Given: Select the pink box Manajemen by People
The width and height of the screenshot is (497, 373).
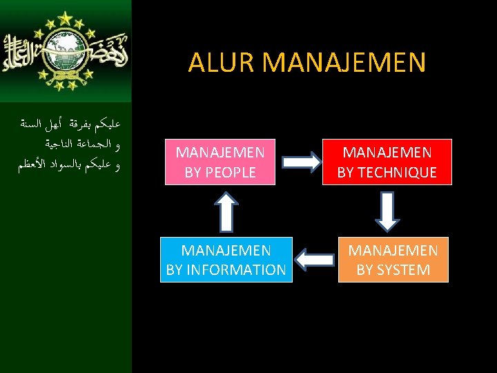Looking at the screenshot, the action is [220, 162].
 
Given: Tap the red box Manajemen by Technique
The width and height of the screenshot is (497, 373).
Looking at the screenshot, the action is [387, 162].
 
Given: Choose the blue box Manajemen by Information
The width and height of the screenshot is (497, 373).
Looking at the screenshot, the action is [226, 259].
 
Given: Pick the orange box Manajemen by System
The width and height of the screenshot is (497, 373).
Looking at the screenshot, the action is [393, 259].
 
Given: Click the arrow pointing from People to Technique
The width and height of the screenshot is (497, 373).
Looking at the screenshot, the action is [304, 162].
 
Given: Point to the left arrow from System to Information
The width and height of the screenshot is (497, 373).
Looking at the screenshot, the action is [314, 260].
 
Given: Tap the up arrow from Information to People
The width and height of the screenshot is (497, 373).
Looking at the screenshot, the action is [224, 211].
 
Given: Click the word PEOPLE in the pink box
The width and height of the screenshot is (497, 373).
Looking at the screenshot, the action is [230, 172].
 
